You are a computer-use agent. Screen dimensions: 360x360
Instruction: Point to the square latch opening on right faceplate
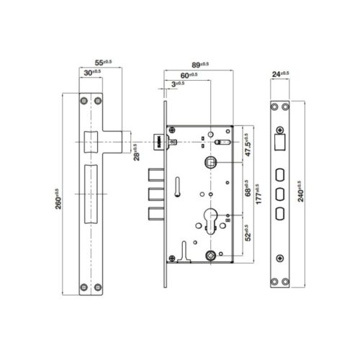[280, 143]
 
